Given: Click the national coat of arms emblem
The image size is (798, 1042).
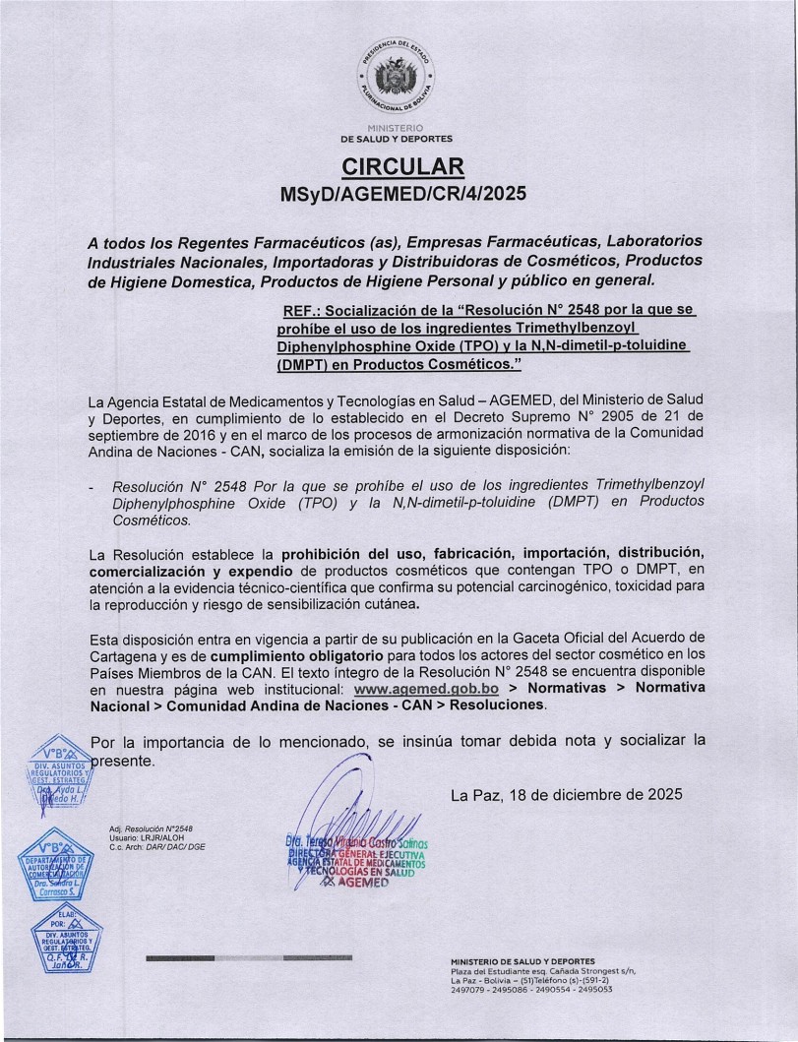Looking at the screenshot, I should pos(399,77).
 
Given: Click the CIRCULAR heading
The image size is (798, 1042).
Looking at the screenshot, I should pos(399,164).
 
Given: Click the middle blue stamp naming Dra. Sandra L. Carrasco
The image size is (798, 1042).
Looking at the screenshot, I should pos(62,867).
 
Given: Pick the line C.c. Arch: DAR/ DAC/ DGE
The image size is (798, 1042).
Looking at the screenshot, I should pos(157,847).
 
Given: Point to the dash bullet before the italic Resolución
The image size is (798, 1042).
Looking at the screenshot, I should pos(92,486).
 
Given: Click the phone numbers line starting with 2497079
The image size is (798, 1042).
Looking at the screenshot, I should pos(531,990).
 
